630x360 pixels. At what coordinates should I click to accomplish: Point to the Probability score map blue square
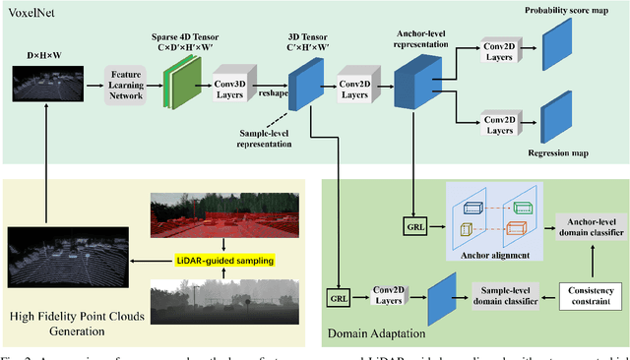click(x=556, y=45)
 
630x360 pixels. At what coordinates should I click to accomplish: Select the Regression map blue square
click(x=556, y=111)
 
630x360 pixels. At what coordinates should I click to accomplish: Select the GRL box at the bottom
click(x=339, y=295)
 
